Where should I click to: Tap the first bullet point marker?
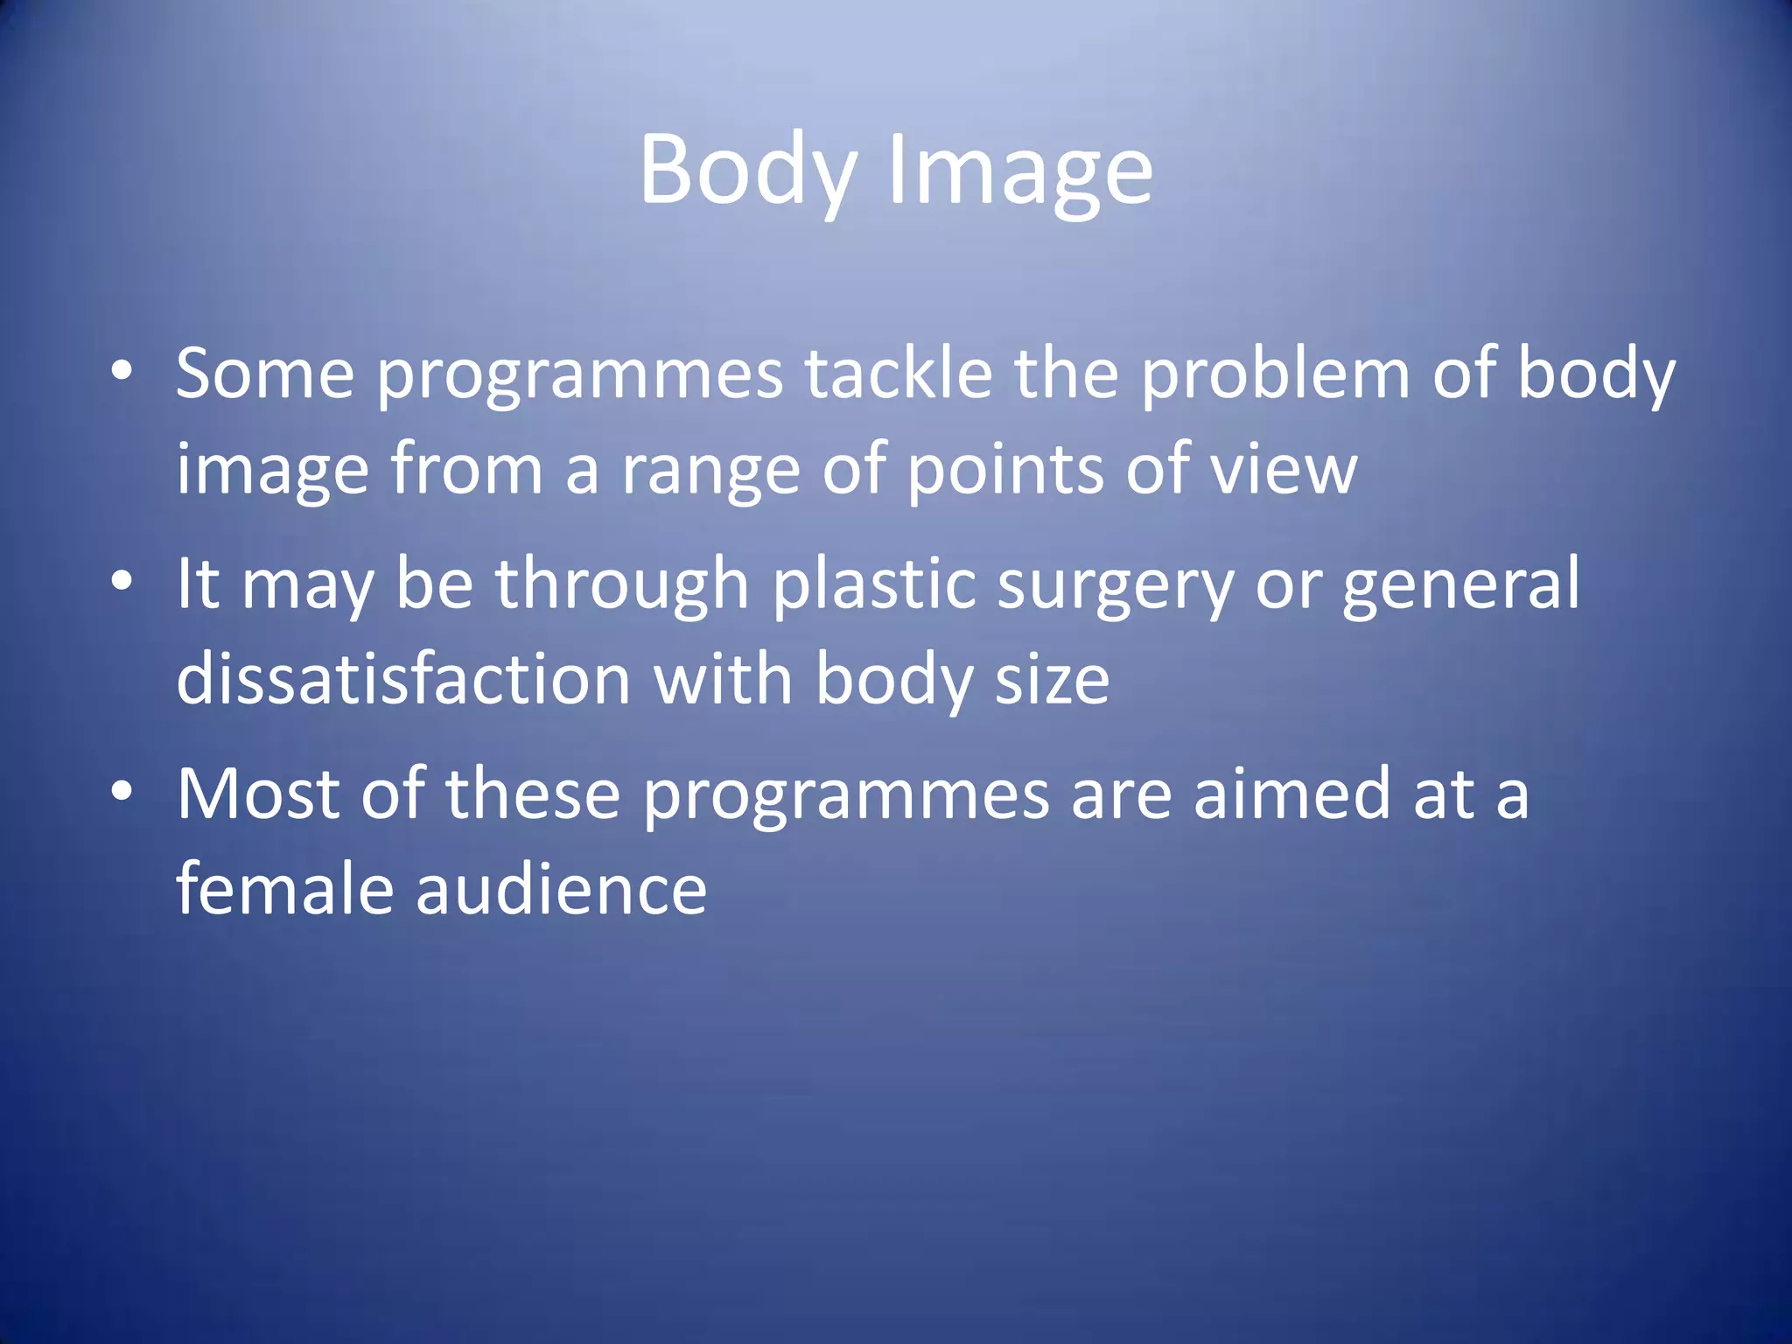[x=122, y=371]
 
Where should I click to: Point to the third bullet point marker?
[x=122, y=791]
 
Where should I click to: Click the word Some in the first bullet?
[x=265, y=374]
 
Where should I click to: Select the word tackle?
[x=899, y=374]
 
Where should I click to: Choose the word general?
[x=1461, y=584]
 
